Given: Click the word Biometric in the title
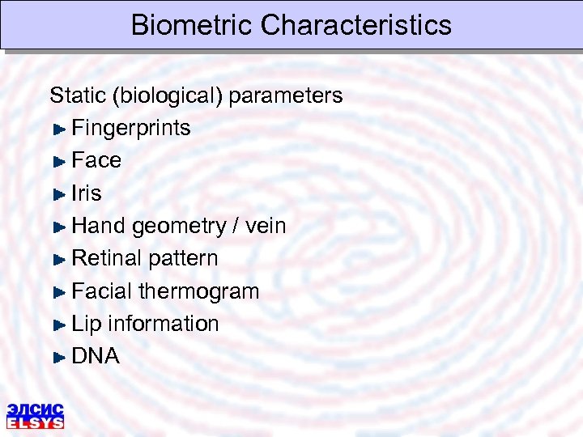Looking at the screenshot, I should (x=192, y=25).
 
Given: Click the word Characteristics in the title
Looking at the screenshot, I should (x=356, y=25).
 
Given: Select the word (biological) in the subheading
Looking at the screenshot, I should (x=168, y=96).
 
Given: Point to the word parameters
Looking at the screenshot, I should (x=286, y=96).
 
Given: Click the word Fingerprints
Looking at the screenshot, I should (x=131, y=129).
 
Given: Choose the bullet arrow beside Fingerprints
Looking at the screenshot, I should (x=58, y=129).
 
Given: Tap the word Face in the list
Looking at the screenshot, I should (x=96, y=160).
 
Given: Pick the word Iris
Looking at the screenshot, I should (x=87, y=193).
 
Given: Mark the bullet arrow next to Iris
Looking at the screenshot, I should (x=58, y=194).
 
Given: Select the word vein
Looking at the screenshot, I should (x=266, y=226).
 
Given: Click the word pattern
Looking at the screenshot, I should (x=183, y=259).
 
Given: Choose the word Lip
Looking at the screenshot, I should (x=87, y=324).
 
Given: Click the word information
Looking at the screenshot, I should (x=164, y=323).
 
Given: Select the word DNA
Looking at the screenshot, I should (x=96, y=356).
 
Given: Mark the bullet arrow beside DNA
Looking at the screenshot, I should (x=58, y=357).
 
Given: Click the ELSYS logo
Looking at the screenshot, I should (x=36, y=414).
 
